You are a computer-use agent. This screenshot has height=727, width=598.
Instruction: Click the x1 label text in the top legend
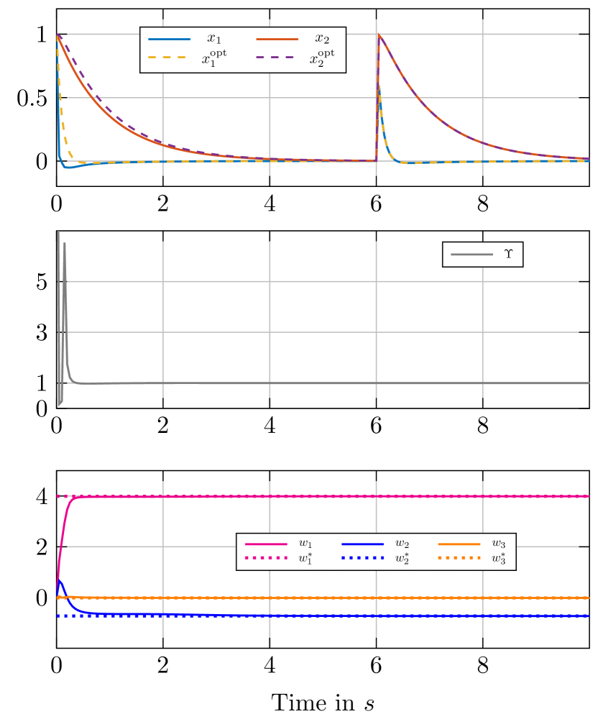214,39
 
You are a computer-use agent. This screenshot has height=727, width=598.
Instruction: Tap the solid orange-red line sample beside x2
277,39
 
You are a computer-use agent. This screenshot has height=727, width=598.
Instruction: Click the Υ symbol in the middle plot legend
509,255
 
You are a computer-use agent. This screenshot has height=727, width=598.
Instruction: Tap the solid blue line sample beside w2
362,544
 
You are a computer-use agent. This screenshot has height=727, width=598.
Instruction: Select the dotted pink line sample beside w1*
266,558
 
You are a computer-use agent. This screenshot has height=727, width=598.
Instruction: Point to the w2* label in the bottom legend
402,559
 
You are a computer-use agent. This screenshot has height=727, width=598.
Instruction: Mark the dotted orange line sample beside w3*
459,558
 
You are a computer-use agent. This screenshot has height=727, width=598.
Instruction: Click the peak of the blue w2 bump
60,581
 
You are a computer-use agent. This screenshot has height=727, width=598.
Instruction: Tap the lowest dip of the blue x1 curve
67,168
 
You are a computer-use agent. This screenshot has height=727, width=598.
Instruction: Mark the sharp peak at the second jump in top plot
377,34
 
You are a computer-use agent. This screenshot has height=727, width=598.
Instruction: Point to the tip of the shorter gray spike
65,243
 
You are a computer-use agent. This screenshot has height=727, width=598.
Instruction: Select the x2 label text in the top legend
322,39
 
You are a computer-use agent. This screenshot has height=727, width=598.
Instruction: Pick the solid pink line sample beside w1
266,544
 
